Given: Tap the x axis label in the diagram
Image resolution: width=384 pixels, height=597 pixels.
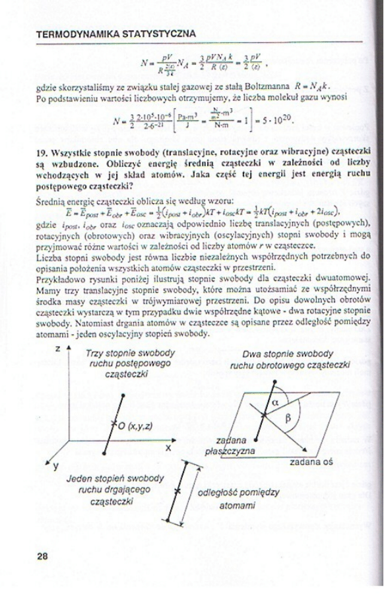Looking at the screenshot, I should [x=168, y=447].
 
